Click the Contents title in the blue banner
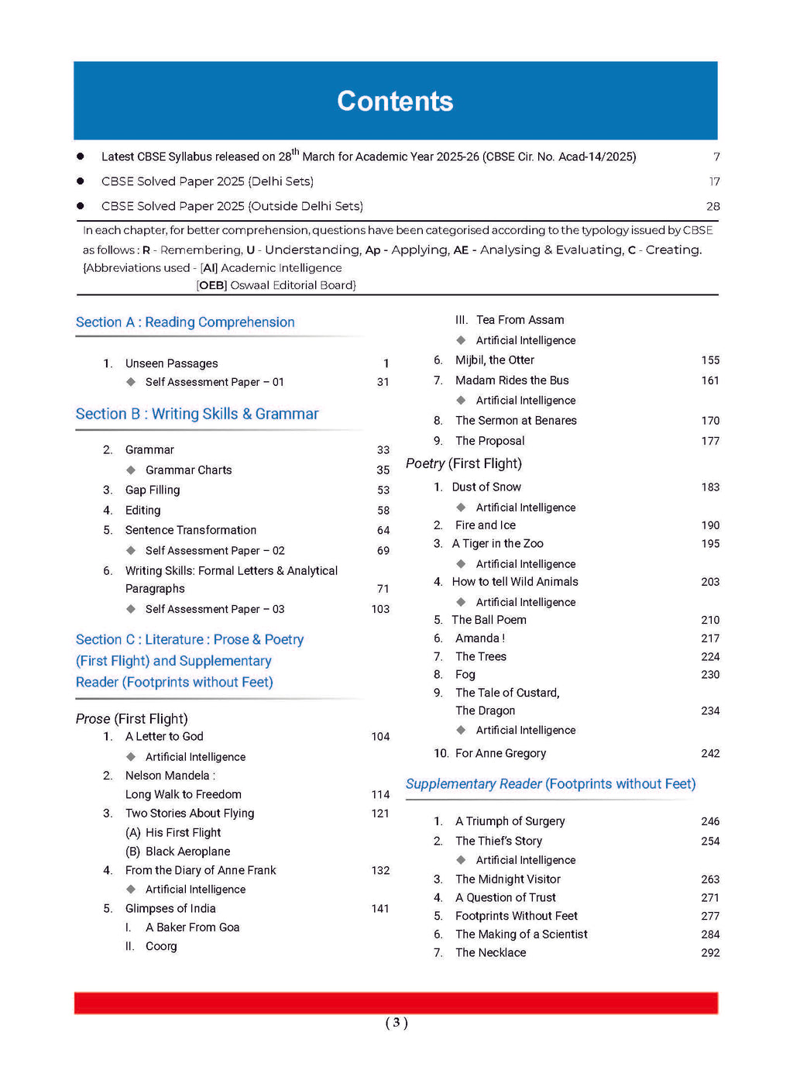click(x=395, y=102)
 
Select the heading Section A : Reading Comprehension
click(x=185, y=322)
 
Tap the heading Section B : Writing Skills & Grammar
click(x=197, y=414)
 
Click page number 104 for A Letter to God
click(x=380, y=737)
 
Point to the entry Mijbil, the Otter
click(x=494, y=360)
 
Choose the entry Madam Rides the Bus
click(x=512, y=380)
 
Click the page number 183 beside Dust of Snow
click(x=710, y=487)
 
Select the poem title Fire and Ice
click(x=485, y=525)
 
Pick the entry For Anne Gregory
click(x=500, y=753)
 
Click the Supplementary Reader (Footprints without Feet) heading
click(x=551, y=784)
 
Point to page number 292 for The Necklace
click(x=710, y=953)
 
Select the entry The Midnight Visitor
click(x=507, y=879)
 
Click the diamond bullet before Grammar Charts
click(x=131, y=470)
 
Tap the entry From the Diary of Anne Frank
click(x=201, y=870)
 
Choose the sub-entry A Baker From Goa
click(x=192, y=928)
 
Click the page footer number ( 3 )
click(x=396, y=1023)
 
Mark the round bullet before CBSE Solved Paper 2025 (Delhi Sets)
click(x=81, y=181)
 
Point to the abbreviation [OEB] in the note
click(x=211, y=285)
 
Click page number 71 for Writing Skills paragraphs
click(x=383, y=589)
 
